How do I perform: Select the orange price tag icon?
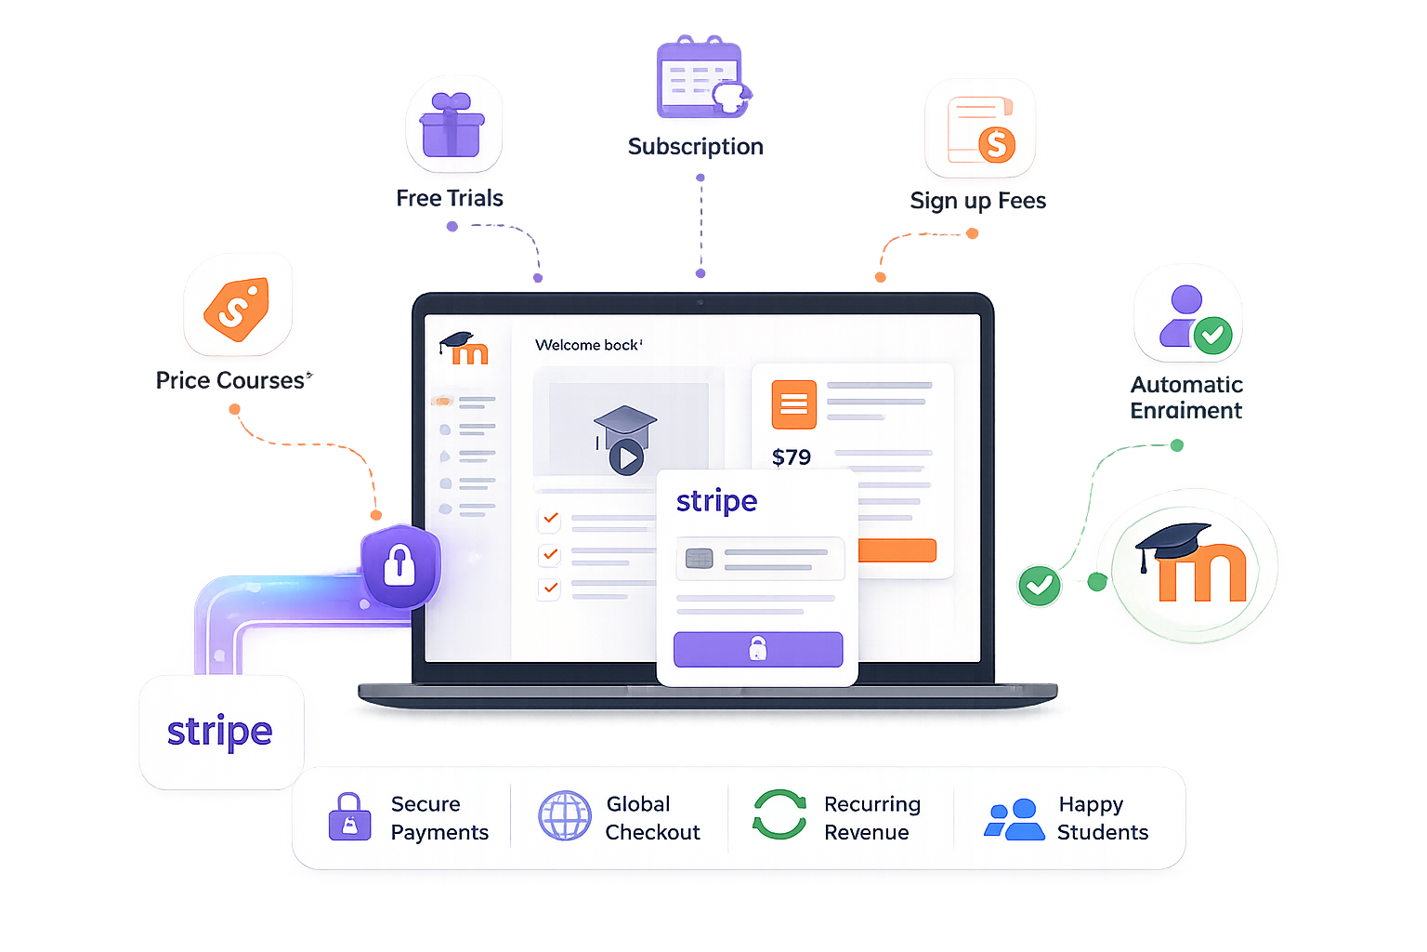pyautogui.click(x=237, y=309)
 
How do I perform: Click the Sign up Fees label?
pyautogui.click(x=978, y=201)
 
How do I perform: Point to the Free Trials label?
pyautogui.click(x=450, y=198)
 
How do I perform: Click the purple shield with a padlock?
pyautogui.click(x=400, y=566)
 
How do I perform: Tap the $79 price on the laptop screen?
pyautogui.click(x=792, y=457)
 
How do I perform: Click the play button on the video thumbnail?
pyautogui.click(x=627, y=457)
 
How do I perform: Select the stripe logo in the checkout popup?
pyautogui.click(x=716, y=501)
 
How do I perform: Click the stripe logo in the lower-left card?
pyautogui.click(x=220, y=732)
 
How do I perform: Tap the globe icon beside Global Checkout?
pyautogui.click(x=565, y=815)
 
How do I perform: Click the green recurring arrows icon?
pyautogui.click(x=779, y=814)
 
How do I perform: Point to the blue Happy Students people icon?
pyautogui.click(x=1015, y=819)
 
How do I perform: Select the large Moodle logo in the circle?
pyautogui.click(x=1191, y=563)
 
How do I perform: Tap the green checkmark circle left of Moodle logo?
pyautogui.click(x=1040, y=586)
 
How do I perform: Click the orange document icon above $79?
pyautogui.click(x=793, y=404)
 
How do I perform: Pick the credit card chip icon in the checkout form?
pyautogui.click(x=699, y=559)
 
